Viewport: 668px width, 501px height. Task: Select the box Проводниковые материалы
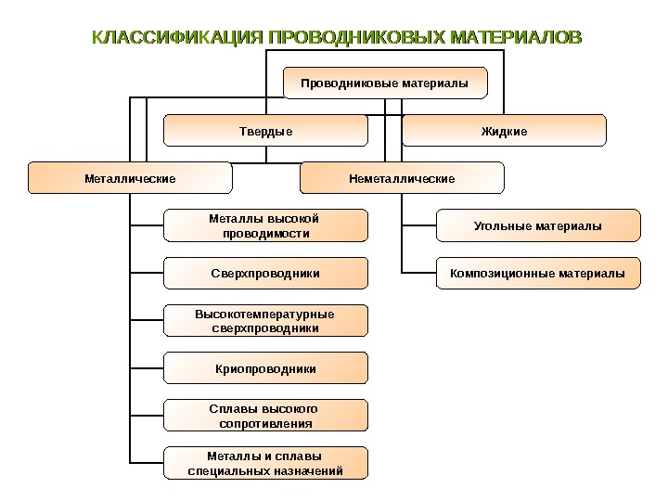pos(384,83)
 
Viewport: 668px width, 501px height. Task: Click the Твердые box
pos(266,131)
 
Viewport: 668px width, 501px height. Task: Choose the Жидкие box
pos(504,131)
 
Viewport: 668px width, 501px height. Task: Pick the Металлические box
pos(130,178)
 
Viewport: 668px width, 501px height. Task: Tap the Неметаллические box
pos(402,178)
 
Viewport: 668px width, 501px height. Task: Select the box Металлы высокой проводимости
pos(266,225)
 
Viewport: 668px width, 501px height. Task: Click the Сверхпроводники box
pos(266,274)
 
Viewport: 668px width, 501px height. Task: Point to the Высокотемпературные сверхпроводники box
pos(266,321)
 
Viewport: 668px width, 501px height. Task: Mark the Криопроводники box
pos(266,368)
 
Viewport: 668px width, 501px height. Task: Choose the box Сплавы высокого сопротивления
pos(266,416)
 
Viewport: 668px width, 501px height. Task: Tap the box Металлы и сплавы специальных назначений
pos(266,463)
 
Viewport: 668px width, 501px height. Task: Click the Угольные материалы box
pos(538,225)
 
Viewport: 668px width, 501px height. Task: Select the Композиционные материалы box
pos(538,274)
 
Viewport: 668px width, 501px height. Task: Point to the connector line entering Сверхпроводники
pos(147,274)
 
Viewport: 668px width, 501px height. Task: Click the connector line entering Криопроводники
pos(147,368)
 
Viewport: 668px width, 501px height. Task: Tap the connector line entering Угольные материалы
pos(418,225)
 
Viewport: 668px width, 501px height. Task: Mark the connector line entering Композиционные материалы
pos(418,274)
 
